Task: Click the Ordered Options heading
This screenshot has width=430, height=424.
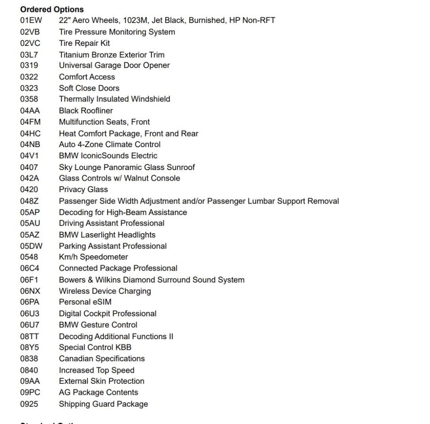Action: point(52,9)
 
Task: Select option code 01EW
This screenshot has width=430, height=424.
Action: point(30,20)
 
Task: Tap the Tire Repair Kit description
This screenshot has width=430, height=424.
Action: point(84,43)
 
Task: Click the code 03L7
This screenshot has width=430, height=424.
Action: point(29,55)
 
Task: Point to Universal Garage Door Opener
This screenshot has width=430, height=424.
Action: point(114,65)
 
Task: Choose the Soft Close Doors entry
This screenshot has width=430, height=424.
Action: point(89,88)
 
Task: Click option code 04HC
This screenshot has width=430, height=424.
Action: point(30,133)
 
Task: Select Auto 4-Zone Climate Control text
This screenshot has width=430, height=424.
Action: point(109,144)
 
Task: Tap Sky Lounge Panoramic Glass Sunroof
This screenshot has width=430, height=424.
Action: point(127,167)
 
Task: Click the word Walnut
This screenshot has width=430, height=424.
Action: point(139,178)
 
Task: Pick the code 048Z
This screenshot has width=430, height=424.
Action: point(30,201)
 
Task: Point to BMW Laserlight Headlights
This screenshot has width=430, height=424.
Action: point(107,235)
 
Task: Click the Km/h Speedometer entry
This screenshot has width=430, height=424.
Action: point(93,257)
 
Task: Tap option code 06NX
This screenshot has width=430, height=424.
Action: point(30,291)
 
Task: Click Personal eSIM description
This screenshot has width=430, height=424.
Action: point(85,303)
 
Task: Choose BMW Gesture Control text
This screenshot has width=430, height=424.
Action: point(98,325)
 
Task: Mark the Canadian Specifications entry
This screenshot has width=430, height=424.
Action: point(102,359)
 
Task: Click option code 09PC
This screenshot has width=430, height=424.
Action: point(30,393)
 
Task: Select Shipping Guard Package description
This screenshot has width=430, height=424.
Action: point(103,404)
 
